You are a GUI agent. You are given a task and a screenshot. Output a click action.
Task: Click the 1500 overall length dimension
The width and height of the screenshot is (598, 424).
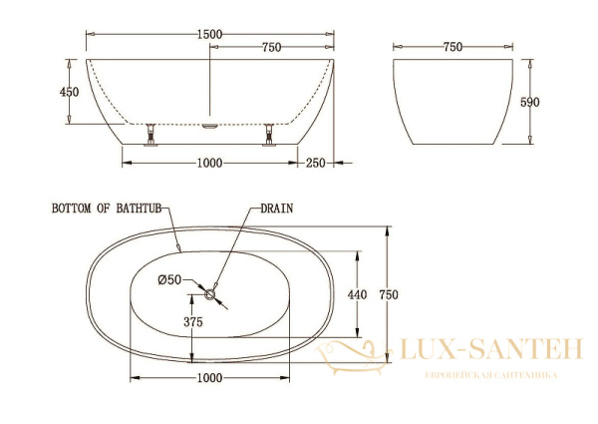(209, 34)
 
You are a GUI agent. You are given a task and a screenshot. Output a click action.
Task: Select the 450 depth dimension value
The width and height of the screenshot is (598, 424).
(70, 92)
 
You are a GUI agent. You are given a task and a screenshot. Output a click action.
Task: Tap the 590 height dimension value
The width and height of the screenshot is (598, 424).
(530, 103)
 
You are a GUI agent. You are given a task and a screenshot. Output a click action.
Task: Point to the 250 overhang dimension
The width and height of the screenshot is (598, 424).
(316, 164)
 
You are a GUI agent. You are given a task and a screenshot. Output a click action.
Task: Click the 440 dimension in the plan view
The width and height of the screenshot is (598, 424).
(358, 294)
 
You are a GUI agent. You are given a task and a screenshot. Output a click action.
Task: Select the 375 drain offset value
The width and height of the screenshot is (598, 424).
(193, 322)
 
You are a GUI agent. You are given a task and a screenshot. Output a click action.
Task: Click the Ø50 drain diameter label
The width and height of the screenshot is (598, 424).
(169, 280)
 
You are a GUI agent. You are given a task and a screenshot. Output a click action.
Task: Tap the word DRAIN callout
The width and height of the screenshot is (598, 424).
(277, 209)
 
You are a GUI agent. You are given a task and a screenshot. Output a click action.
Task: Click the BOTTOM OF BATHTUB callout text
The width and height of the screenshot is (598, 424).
(107, 209)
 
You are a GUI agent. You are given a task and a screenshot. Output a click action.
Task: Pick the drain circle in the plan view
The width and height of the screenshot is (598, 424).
(210, 294)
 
